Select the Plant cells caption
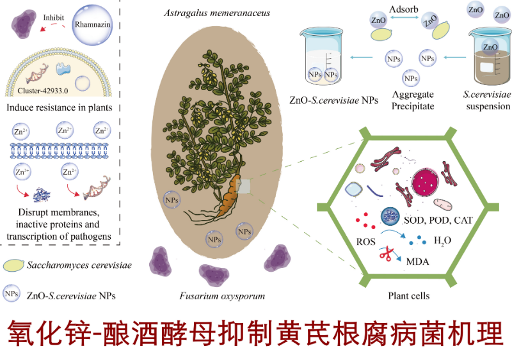[x=409, y=296]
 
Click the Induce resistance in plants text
[x=58, y=107]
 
